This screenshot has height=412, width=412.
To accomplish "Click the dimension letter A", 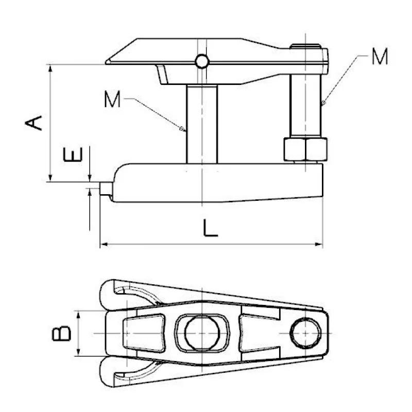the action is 33,123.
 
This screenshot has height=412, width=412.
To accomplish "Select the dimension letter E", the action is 73,154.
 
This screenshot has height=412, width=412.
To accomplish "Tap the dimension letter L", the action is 210,228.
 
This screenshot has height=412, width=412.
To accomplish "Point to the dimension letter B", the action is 61,333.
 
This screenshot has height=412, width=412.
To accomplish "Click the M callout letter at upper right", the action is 380,56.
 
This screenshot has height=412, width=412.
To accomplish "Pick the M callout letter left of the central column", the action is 112,98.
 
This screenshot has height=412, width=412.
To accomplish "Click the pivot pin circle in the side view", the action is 202,61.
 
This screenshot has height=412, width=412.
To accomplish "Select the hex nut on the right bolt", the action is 305,149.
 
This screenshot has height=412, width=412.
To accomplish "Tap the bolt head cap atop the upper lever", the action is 305,46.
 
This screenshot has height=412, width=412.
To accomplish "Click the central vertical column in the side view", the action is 202,124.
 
